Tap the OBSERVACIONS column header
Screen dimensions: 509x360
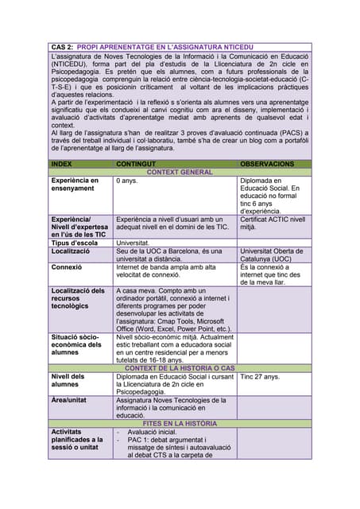tap(267, 164)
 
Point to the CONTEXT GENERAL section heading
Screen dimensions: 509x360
tap(180, 173)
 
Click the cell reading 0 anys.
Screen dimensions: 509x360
tap(127, 181)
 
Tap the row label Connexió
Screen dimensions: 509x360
tap(68, 268)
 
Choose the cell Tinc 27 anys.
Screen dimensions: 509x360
tap(260, 376)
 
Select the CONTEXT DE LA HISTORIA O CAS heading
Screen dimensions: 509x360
tap(180, 368)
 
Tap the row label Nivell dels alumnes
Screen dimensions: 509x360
tap(69, 381)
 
